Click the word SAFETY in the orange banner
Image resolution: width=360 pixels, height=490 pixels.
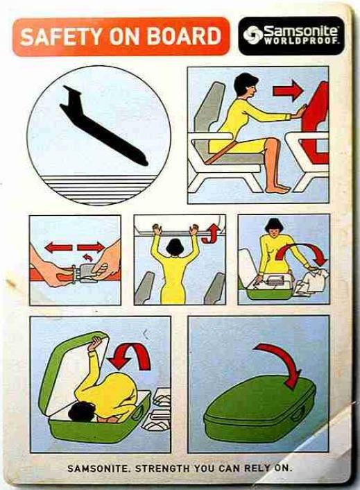tap(60, 36)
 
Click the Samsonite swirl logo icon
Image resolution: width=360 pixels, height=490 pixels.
tap(252, 35)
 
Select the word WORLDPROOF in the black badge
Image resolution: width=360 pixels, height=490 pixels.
tap(301, 41)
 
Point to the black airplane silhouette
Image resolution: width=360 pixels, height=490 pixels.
tap(103, 125)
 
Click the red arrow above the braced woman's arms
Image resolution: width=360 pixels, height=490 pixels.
tap(288, 91)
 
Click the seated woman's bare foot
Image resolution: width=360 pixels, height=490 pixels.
tap(277, 188)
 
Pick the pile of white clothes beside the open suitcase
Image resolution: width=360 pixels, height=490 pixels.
tap(310, 283)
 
